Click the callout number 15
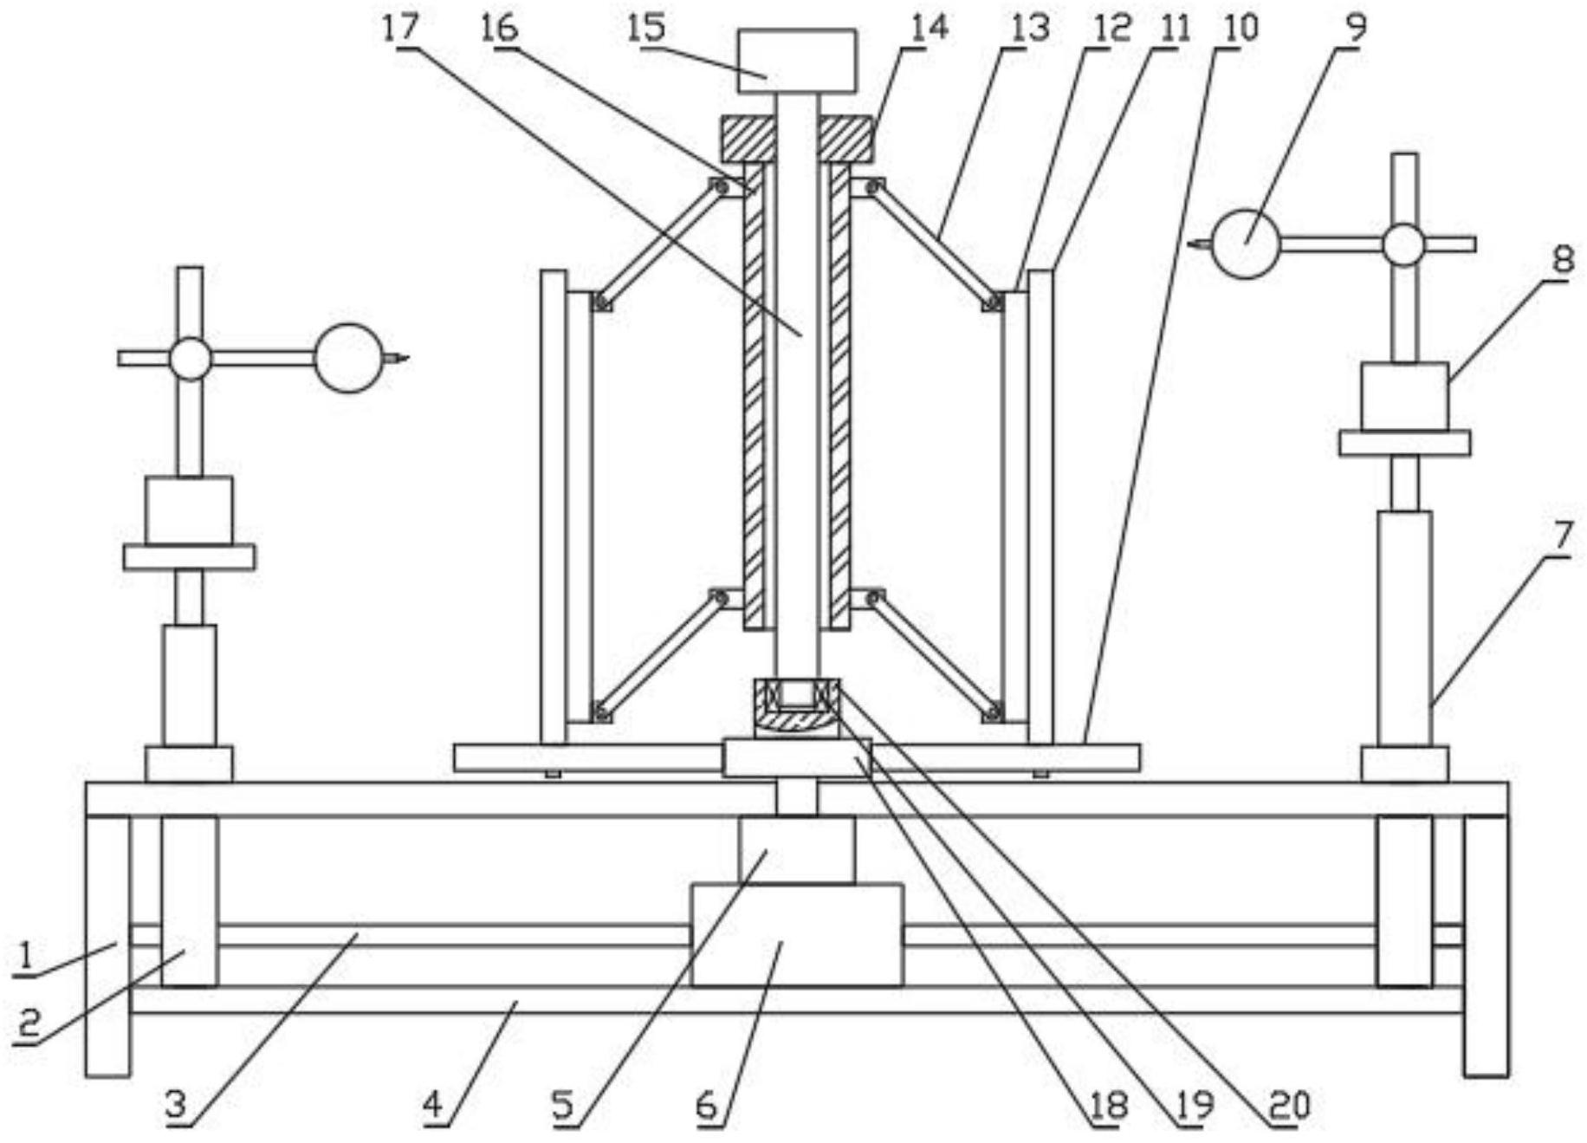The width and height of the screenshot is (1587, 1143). [646, 28]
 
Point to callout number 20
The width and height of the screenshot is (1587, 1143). [1290, 1105]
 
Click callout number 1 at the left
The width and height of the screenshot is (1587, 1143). [27, 956]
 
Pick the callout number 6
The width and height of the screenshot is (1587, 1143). [708, 1106]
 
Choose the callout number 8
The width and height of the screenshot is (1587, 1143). [1563, 260]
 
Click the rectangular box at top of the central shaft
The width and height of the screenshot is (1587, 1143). [797, 61]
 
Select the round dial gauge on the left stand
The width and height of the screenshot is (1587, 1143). [348, 358]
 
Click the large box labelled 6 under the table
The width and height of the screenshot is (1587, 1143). [797, 934]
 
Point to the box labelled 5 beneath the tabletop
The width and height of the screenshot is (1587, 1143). [797, 849]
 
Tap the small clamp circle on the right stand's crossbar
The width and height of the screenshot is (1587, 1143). [1402, 244]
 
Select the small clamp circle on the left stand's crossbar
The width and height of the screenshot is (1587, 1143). [190, 359]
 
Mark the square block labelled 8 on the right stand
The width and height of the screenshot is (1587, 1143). [1404, 397]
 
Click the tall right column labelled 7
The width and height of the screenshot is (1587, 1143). [1404, 628]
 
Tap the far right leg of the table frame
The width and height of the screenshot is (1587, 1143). [1486, 945]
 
